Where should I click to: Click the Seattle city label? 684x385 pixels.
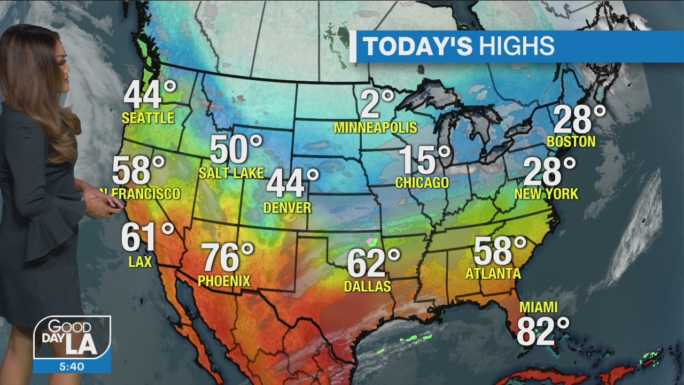click(x=148, y=118)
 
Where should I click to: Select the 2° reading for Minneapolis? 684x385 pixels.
click(x=377, y=104)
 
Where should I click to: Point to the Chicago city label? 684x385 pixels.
click(x=422, y=183)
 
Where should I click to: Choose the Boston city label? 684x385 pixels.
click(x=571, y=142)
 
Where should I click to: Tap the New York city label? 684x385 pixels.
click(x=546, y=194)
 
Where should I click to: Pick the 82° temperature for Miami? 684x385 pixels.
click(x=543, y=332)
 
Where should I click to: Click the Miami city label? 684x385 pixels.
click(x=539, y=307)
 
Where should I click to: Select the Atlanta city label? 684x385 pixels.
click(x=493, y=274)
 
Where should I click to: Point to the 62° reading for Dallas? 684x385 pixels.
click(x=373, y=263)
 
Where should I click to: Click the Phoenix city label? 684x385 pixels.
click(x=224, y=281)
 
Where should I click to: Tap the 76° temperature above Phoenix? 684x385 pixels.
click(x=227, y=258)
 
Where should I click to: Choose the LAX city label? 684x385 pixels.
click(x=140, y=261)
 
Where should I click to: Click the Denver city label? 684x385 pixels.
click(x=287, y=207)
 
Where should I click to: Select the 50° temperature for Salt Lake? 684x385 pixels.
click(x=236, y=150)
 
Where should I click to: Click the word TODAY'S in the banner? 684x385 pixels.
click(x=418, y=47)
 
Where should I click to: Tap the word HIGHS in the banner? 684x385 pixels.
click(x=516, y=47)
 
